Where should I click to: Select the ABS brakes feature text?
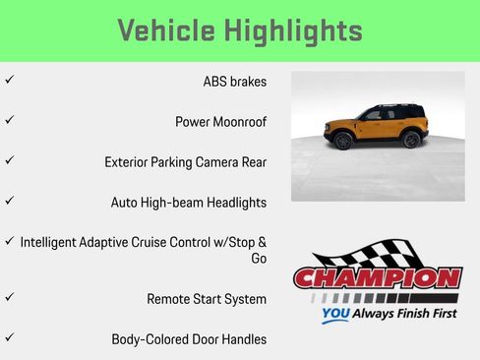click(x=234, y=82)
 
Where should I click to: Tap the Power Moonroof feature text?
click(x=220, y=122)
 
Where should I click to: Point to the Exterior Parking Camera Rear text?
click(x=185, y=162)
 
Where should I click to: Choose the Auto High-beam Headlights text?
click(x=188, y=203)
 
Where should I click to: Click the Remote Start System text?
click(x=207, y=299)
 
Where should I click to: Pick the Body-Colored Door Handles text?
click(x=189, y=339)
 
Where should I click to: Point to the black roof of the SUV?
click(x=384, y=106)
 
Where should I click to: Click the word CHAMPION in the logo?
click(x=378, y=278)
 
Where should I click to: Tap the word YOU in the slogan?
click(x=335, y=316)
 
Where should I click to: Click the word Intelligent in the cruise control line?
click(x=53, y=242)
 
